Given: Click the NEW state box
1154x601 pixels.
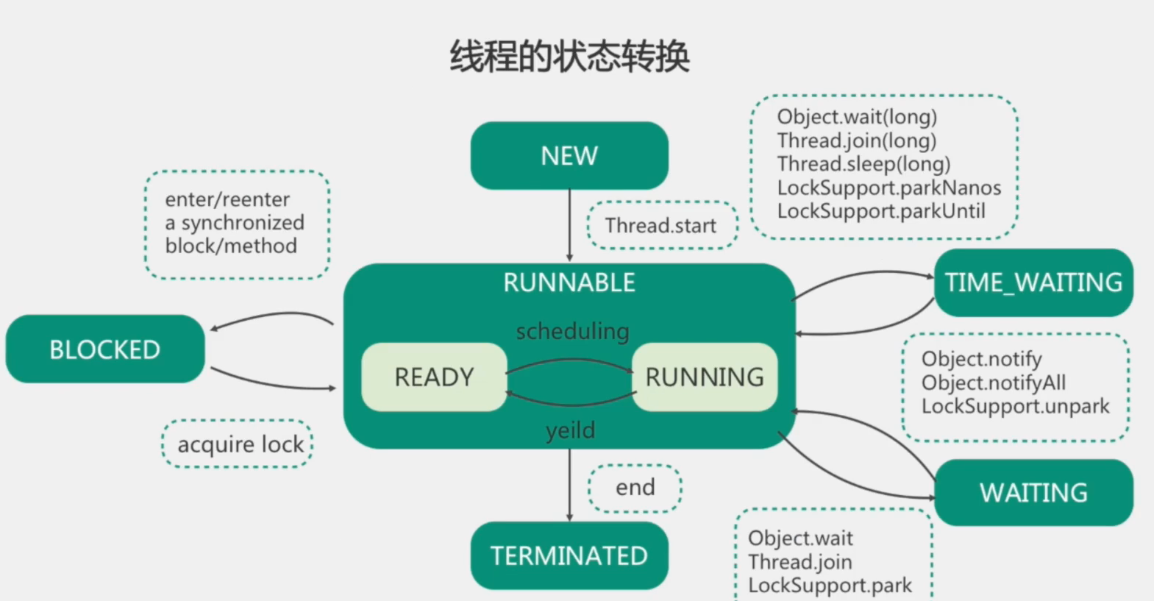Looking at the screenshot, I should [x=569, y=156].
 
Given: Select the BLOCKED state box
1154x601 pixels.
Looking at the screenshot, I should [x=105, y=349].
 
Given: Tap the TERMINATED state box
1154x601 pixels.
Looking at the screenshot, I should [x=569, y=556].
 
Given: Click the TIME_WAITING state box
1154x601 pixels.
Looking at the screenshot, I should [x=1033, y=282].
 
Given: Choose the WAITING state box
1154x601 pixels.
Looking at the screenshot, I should [x=1033, y=493].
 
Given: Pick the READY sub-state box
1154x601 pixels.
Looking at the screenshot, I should [x=434, y=377].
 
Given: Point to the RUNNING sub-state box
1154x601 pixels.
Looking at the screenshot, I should [x=705, y=377].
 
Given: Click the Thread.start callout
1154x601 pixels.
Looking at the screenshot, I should [x=661, y=226].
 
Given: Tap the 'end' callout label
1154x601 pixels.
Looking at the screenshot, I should [x=635, y=488].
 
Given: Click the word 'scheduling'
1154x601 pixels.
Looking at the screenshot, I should [x=572, y=332].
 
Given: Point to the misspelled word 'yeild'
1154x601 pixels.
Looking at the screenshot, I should [x=571, y=430].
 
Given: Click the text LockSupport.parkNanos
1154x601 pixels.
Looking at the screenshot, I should [x=888, y=188].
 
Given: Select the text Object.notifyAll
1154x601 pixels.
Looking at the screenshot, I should [x=993, y=383].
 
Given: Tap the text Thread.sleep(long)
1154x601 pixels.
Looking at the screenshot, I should [x=863, y=164].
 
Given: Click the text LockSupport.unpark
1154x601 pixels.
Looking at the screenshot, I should [x=1015, y=406].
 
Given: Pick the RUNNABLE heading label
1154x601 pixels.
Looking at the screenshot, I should [x=569, y=283].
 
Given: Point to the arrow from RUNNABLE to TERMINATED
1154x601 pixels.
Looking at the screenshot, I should [x=569, y=486].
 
